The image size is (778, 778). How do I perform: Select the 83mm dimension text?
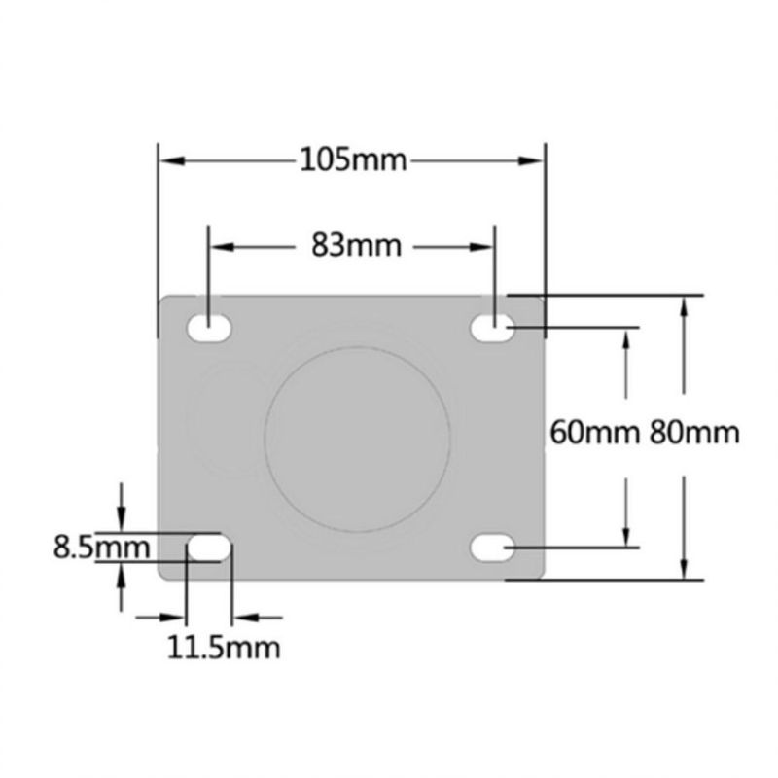click(356, 246)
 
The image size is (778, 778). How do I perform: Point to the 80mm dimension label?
click(694, 430)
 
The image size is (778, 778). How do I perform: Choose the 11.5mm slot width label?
click(223, 647)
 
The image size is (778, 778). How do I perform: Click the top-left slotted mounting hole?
click(209, 329)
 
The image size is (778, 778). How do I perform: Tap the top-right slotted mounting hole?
click(493, 330)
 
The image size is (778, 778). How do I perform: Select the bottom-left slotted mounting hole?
click(209, 548)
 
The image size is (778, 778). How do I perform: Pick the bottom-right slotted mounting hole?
click(493, 548)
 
